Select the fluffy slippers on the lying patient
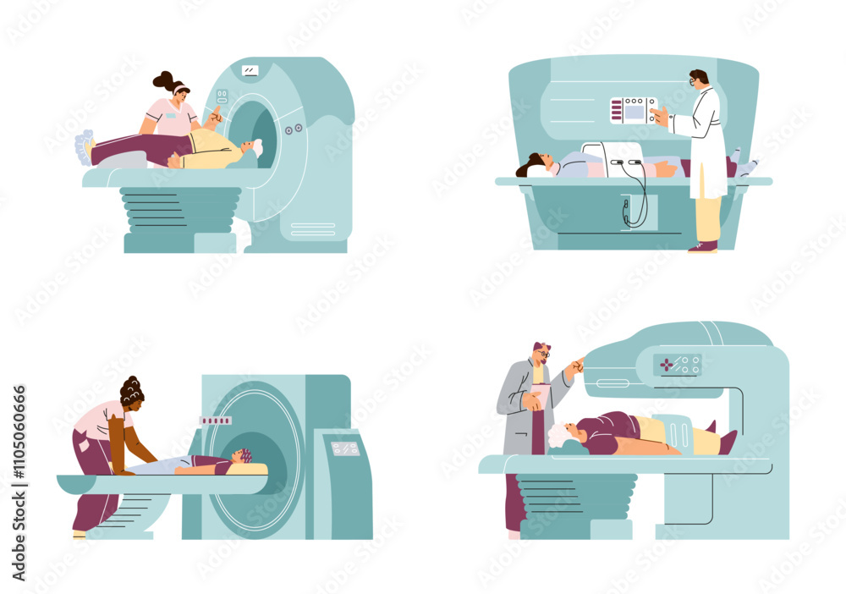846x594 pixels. [83, 147]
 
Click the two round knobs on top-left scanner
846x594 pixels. [294, 129]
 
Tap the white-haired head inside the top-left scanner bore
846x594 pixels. [255, 148]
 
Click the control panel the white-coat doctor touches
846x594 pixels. [633, 111]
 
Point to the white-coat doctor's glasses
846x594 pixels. [694, 81]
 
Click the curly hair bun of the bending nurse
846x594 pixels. [131, 390]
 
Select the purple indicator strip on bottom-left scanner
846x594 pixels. [215, 421]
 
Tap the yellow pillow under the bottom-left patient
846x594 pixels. [254, 469]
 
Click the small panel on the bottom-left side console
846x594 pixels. [344, 448]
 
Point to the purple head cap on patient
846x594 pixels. [243, 456]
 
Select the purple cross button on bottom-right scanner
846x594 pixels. [668, 365]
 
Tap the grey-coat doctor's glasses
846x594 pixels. [543, 355]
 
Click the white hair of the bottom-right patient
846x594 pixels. [558, 435]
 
